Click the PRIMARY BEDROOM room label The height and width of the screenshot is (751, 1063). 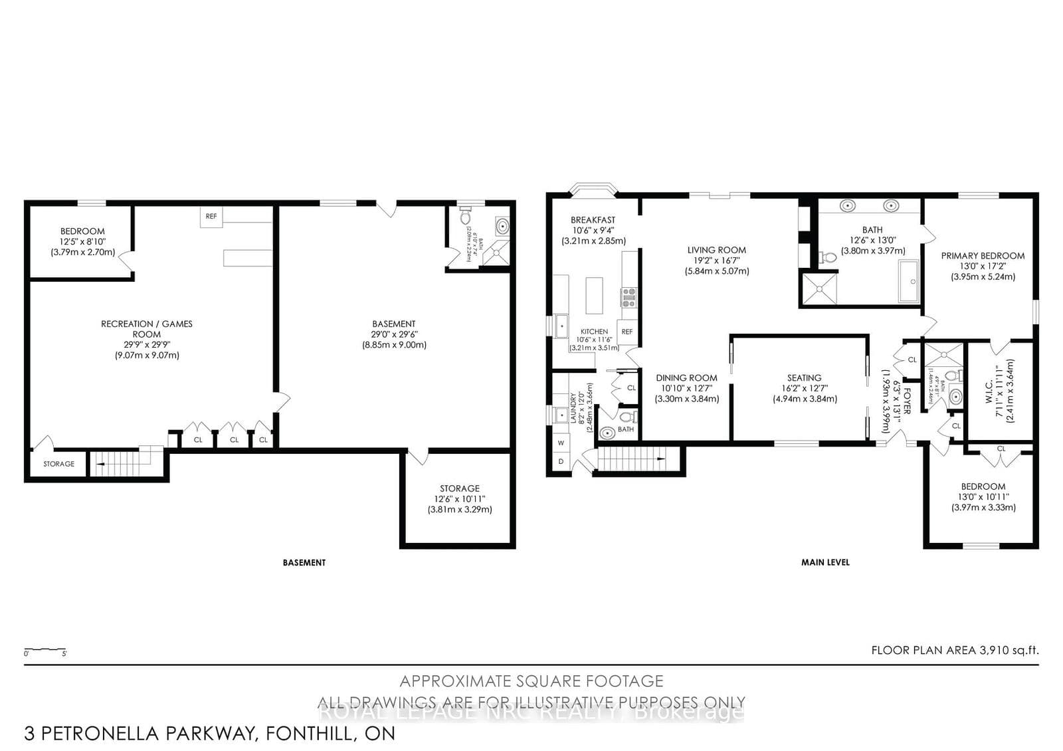point(983,256)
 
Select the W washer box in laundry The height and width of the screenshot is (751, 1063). point(561,443)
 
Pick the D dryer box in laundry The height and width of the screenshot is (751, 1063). point(561,461)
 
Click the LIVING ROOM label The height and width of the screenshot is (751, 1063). point(716,251)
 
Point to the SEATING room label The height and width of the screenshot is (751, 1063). point(804,377)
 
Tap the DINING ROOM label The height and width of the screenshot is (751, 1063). point(686,377)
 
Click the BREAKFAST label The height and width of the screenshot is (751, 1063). point(593,220)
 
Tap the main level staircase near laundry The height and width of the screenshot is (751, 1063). point(631,459)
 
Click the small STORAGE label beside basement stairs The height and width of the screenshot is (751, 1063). point(58,464)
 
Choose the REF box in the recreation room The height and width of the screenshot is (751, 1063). point(211,217)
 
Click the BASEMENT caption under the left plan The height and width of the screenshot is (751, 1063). point(304,562)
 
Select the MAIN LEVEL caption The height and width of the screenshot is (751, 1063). point(825,562)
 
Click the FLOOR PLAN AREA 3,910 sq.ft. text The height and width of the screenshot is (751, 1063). point(954,651)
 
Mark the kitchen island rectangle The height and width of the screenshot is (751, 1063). point(594,295)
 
